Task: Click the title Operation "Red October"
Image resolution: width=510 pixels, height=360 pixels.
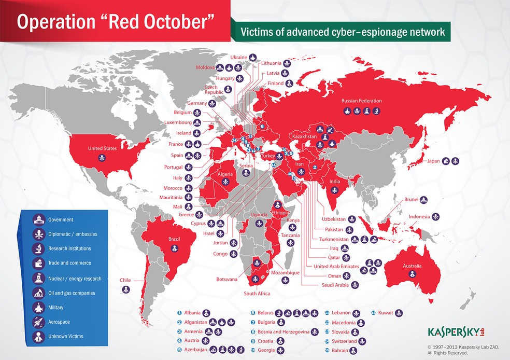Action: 115,21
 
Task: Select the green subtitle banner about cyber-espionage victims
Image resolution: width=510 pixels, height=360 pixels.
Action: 342,32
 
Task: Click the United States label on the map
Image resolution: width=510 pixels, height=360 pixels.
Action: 103,148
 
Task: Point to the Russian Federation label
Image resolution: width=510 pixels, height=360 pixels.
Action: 361,101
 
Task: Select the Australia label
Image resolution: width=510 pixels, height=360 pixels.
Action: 413,266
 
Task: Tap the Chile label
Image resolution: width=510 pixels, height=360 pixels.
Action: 125,280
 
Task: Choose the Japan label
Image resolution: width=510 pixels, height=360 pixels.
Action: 433,161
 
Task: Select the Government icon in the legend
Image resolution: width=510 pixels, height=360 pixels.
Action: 39,219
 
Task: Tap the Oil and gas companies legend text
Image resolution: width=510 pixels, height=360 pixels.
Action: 72,293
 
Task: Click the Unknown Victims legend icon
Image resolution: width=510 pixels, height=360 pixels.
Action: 39,337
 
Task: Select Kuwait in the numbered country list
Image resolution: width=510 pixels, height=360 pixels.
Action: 386,313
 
